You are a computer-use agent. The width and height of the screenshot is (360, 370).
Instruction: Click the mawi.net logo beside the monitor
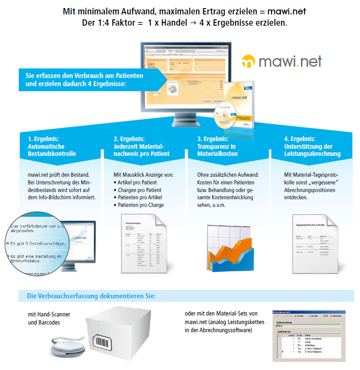(x=282, y=61)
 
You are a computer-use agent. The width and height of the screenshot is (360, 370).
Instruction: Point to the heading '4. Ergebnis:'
(x=300, y=139)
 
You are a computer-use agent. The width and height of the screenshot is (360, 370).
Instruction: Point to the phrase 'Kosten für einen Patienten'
(x=226, y=182)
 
